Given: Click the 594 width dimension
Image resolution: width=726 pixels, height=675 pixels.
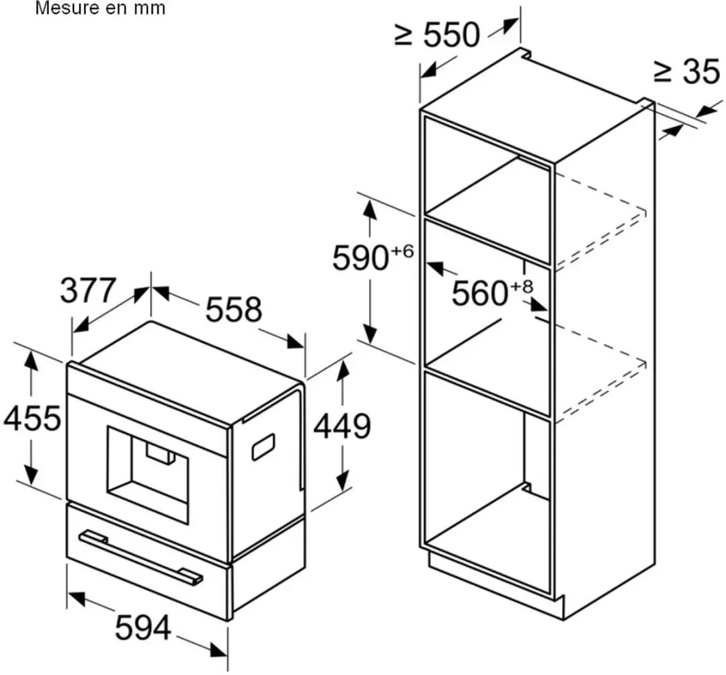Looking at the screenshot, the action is [143, 628].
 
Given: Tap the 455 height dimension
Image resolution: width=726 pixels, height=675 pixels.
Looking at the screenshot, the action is [32, 418].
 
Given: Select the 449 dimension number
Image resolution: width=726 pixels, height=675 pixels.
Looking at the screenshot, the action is [342, 426].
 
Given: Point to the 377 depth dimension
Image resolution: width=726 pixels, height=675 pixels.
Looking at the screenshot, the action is [87, 290].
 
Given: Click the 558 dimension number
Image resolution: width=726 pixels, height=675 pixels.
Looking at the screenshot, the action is [234, 310].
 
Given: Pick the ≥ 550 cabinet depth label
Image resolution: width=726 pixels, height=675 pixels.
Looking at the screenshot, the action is [438, 34].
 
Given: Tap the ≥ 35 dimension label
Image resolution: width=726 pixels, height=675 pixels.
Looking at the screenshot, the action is [687, 72].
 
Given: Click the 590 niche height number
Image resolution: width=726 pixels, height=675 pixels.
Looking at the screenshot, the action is [361, 258].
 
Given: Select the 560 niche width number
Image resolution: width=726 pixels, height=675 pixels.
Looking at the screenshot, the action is [480, 293].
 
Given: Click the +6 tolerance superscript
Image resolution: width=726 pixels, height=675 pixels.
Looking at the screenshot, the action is [403, 251].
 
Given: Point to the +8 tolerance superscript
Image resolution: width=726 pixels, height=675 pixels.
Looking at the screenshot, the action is [522, 286].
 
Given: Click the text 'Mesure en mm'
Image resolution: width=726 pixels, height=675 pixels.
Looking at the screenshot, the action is [100, 8].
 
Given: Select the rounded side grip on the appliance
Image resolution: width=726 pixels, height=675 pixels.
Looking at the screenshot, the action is [263, 447].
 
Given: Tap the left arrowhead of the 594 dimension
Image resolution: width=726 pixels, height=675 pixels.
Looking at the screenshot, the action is [76, 598].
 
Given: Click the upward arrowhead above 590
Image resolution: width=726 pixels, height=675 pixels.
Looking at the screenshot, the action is [370, 210].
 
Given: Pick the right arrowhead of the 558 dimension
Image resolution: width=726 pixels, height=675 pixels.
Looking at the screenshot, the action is [295, 343].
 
